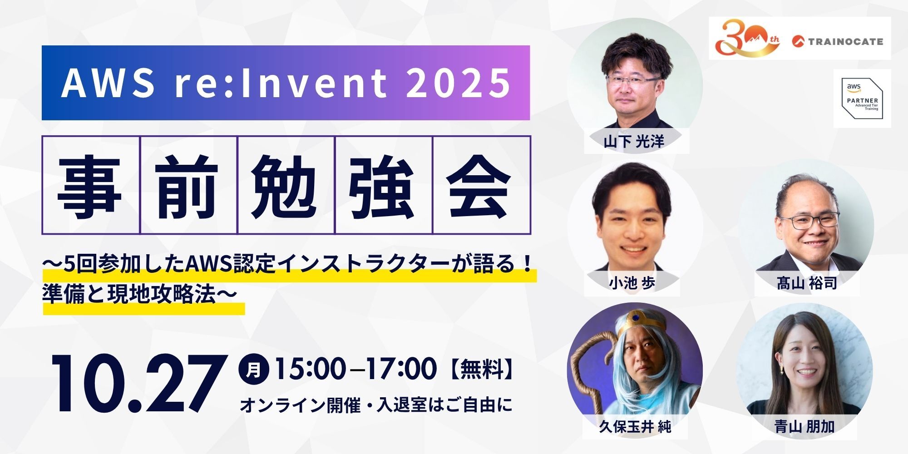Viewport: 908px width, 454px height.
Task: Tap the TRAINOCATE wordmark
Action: [x=838, y=41]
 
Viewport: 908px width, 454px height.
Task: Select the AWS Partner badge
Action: [x=862, y=99]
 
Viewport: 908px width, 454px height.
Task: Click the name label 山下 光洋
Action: [x=634, y=142]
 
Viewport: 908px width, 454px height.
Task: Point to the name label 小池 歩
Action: [x=632, y=284]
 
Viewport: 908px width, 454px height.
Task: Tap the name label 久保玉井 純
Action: [x=635, y=427]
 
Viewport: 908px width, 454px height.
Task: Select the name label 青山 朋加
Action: [x=804, y=427]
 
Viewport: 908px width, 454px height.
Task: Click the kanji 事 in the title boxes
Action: [x=90, y=185]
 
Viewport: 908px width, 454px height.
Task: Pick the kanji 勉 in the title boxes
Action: [x=286, y=185]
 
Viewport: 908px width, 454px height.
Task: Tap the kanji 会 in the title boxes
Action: [x=481, y=185]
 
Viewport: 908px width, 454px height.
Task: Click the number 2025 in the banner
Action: [x=458, y=83]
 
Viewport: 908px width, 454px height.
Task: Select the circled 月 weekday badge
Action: [x=254, y=368]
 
